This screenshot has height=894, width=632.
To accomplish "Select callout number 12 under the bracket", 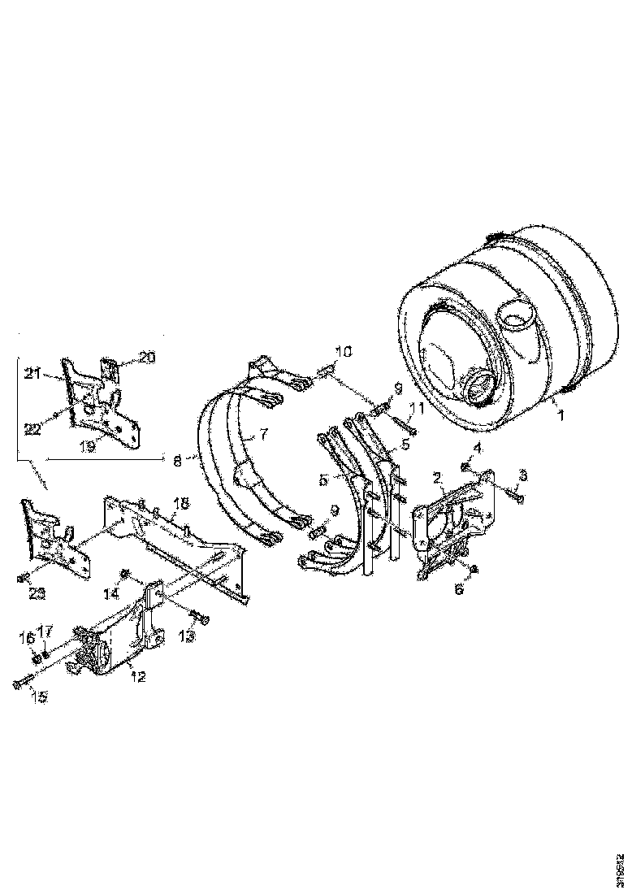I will tap(139, 677).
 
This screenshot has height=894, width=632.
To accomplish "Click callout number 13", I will tap(186, 637).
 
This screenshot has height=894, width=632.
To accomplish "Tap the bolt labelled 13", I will tap(201, 620).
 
